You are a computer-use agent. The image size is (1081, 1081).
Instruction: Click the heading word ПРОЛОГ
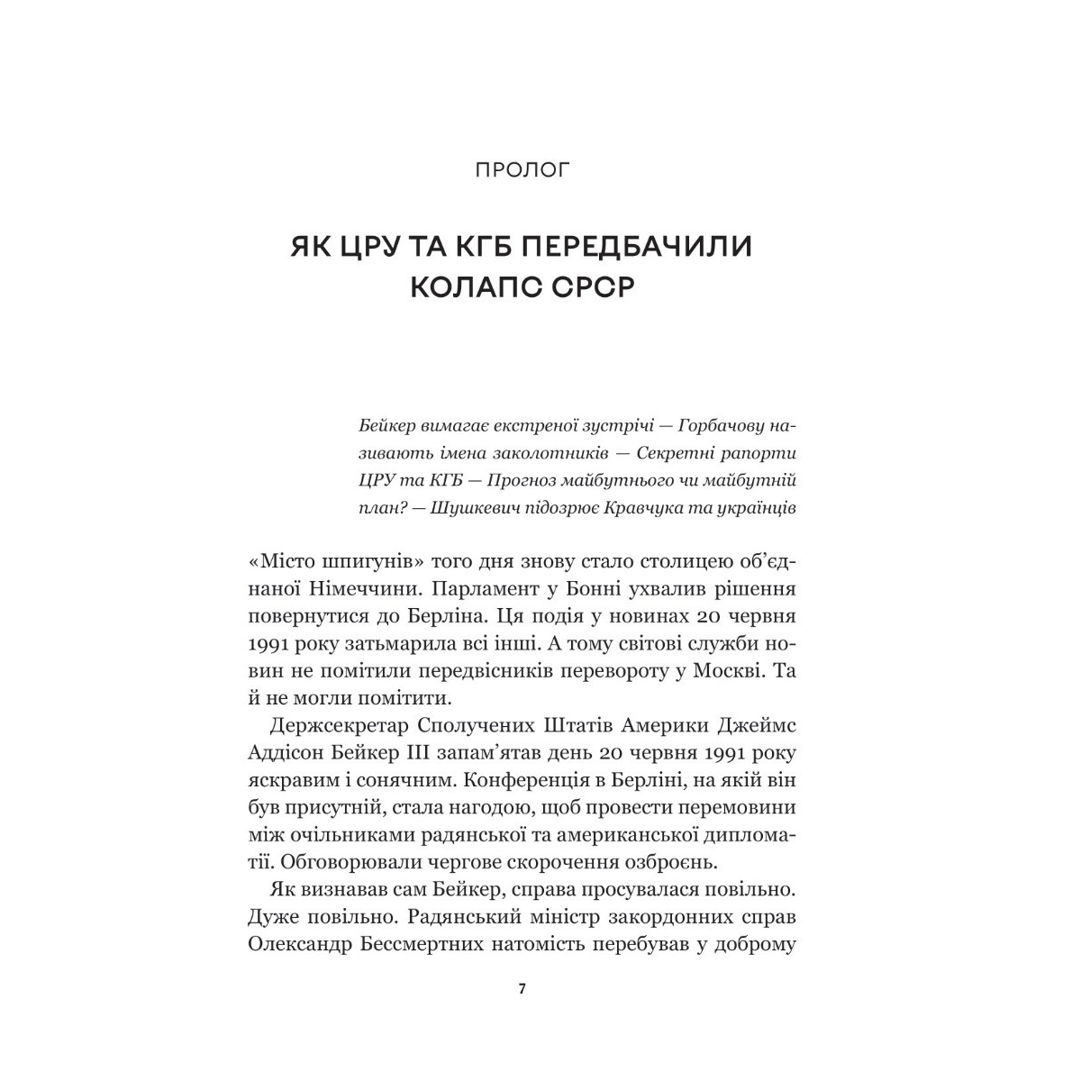tap(522, 169)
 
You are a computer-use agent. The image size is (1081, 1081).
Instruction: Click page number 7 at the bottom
tap(522, 989)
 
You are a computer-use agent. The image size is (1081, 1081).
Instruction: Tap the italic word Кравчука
tap(651, 508)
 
